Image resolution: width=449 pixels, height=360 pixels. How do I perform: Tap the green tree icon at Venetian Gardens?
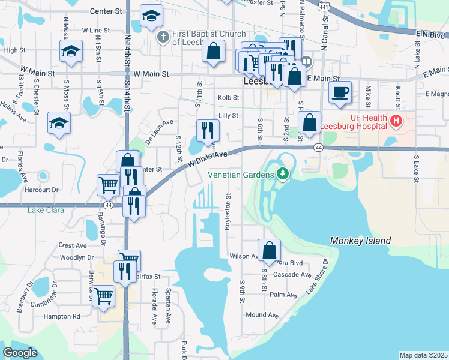pyautogui.click(x=283, y=175)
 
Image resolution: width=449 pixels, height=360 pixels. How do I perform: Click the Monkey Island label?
pyautogui.click(x=360, y=241)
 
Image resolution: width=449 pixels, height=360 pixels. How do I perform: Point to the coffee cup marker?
pyautogui.click(x=340, y=92)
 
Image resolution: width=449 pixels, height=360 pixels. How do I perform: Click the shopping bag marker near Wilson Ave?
pyautogui.click(x=270, y=250)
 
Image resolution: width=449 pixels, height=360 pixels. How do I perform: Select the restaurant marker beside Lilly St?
pyautogui.click(x=208, y=130)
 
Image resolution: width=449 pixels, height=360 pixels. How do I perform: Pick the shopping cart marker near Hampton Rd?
pyautogui.click(x=104, y=295)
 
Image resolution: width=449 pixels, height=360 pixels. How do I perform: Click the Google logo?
pyautogui.click(x=20, y=353)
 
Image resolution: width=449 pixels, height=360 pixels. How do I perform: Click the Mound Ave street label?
pyautogui.click(x=262, y=314)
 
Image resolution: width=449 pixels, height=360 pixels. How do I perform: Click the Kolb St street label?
pyautogui.click(x=228, y=97)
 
